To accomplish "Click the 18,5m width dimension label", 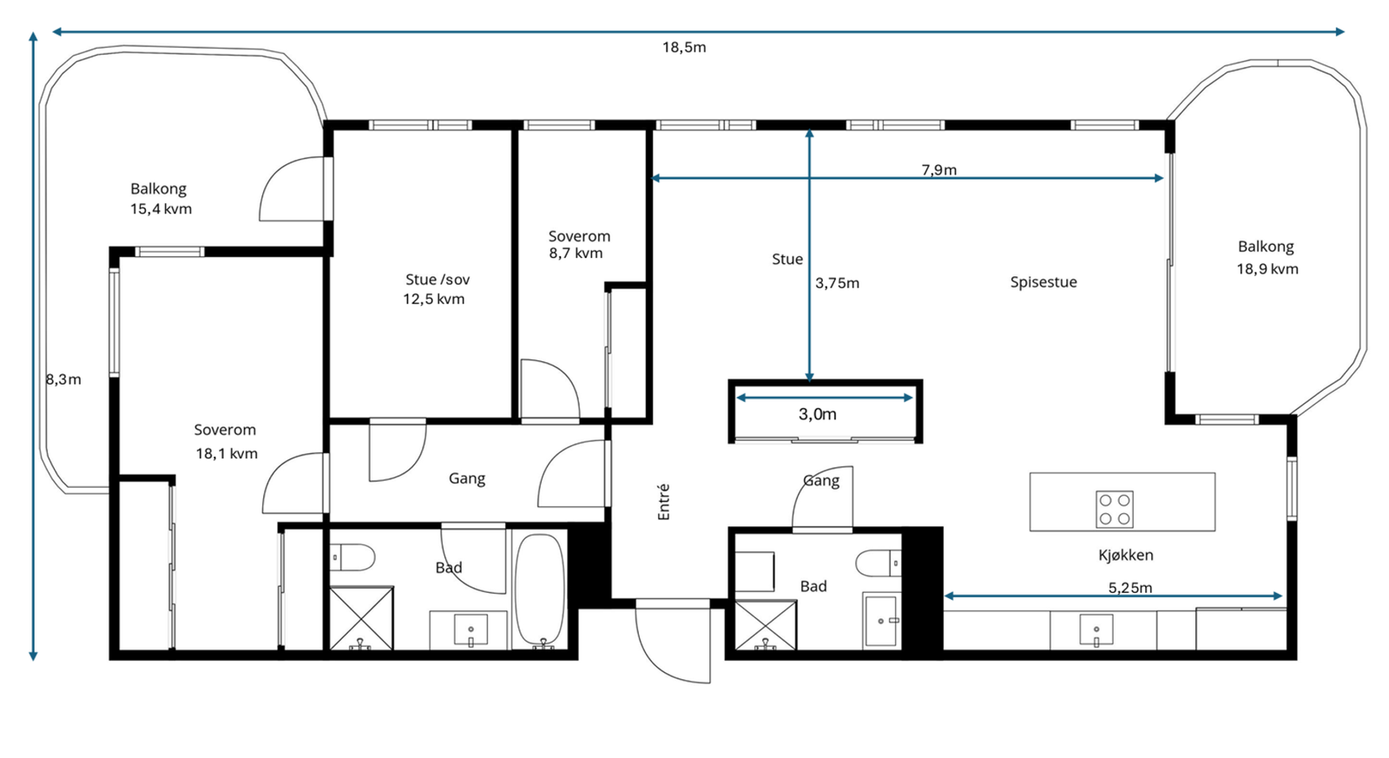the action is point(684,48).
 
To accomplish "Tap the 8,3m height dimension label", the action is point(63,379).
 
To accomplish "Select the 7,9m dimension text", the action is point(938,170).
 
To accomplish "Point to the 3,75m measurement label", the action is point(837,283).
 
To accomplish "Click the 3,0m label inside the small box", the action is point(817,414).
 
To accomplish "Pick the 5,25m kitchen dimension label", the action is point(1129,588).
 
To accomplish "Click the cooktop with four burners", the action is point(1115,510).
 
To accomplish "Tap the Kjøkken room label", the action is point(1125,555).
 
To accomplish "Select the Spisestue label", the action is point(1043,282).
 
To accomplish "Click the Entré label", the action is point(663,502).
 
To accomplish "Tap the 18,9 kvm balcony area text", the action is point(1267,269).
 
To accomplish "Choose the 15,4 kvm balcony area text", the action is point(161,209).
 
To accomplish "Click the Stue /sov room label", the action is point(438,280).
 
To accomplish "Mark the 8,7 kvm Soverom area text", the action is point(576,253).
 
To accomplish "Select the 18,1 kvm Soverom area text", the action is point(227,454).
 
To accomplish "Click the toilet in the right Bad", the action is point(878,564).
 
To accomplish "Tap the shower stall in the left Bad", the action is point(361,618).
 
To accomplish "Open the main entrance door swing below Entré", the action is point(673,642).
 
